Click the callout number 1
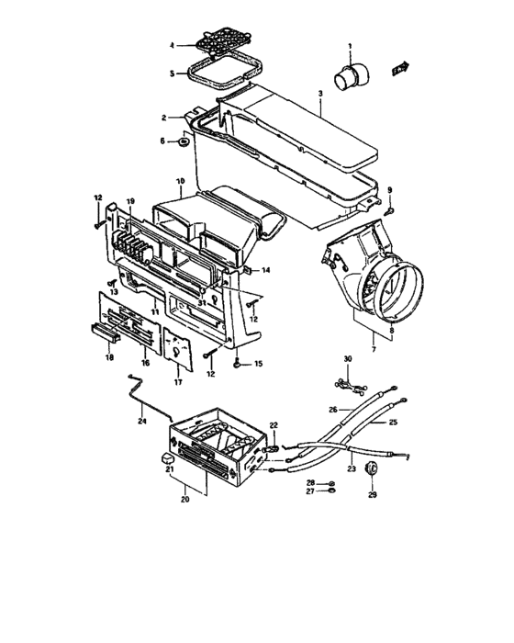click(x=349, y=46)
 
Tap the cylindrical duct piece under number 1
click(x=347, y=76)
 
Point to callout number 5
click(x=171, y=74)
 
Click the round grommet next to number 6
click(x=185, y=141)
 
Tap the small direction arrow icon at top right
click(x=398, y=69)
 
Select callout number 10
click(x=180, y=180)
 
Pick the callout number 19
click(x=130, y=201)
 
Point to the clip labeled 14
click(x=250, y=270)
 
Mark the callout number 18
click(x=110, y=359)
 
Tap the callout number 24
click(x=142, y=422)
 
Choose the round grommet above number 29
click(x=373, y=469)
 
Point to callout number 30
click(x=348, y=357)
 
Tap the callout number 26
click(x=335, y=409)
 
